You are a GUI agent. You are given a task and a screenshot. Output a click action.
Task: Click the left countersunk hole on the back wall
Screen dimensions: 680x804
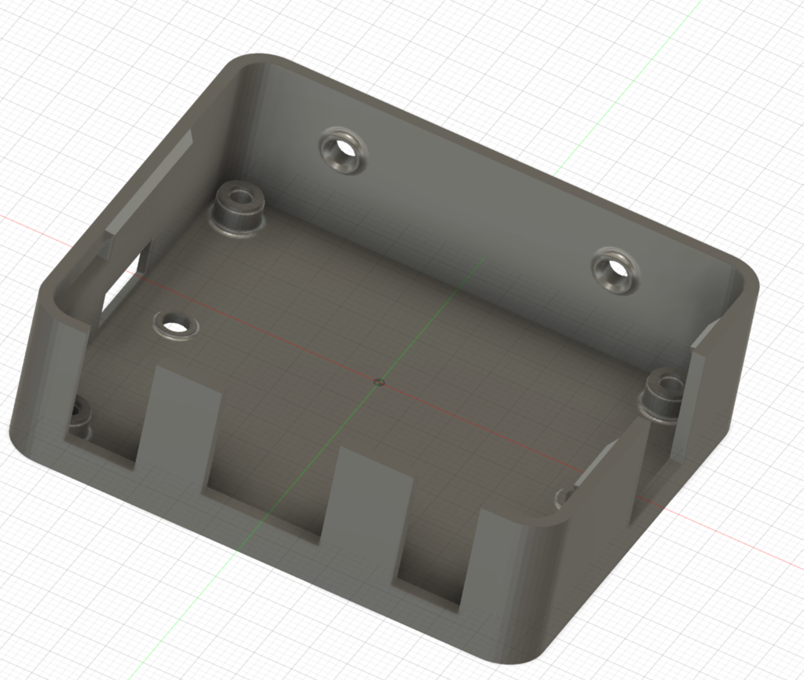(x=344, y=151)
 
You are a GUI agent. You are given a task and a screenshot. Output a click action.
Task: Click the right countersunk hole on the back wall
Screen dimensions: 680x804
(x=616, y=270)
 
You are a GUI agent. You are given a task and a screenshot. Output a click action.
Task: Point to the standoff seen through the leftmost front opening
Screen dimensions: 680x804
(x=79, y=417)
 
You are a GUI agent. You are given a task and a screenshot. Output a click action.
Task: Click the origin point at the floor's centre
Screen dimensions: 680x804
(x=379, y=383)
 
